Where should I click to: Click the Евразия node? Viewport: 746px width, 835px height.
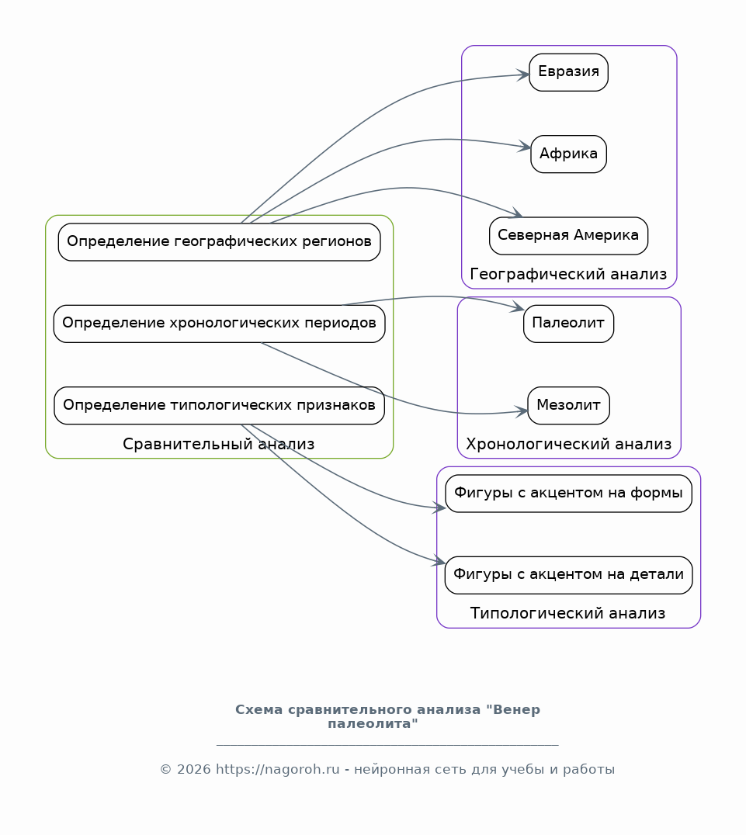tap(568, 72)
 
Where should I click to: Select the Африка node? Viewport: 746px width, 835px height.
tap(568, 154)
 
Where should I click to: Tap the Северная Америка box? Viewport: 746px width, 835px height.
tap(568, 236)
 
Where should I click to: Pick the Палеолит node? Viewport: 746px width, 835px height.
tap(568, 324)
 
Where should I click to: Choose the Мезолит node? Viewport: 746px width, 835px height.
tap(568, 406)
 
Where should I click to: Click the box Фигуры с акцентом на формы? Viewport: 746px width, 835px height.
tap(568, 494)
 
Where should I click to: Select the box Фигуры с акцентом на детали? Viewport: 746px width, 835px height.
tap(568, 575)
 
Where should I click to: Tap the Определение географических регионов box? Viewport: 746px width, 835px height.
tap(219, 242)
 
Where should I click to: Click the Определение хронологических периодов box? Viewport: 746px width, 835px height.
tap(219, 324)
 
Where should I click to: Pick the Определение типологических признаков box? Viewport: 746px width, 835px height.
tap(219, 406)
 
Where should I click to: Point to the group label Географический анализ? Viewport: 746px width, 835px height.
tap(568, 274)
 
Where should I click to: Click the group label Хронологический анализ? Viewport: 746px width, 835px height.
tap(568, 444)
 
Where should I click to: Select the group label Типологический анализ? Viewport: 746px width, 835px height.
tap(568, 614)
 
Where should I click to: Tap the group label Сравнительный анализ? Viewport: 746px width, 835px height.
tap(218, 444)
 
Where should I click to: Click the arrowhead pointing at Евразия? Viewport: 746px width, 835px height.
tap(523, 75)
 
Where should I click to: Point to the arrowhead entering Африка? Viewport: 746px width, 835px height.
tap(525, 147)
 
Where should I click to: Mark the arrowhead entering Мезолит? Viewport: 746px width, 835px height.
tap(522, 411)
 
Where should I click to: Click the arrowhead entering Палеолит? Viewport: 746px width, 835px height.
tap(519, 307)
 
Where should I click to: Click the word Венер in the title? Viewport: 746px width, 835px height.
tap(517, 710)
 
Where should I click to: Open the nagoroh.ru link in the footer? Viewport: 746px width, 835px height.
tap(278, 770)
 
